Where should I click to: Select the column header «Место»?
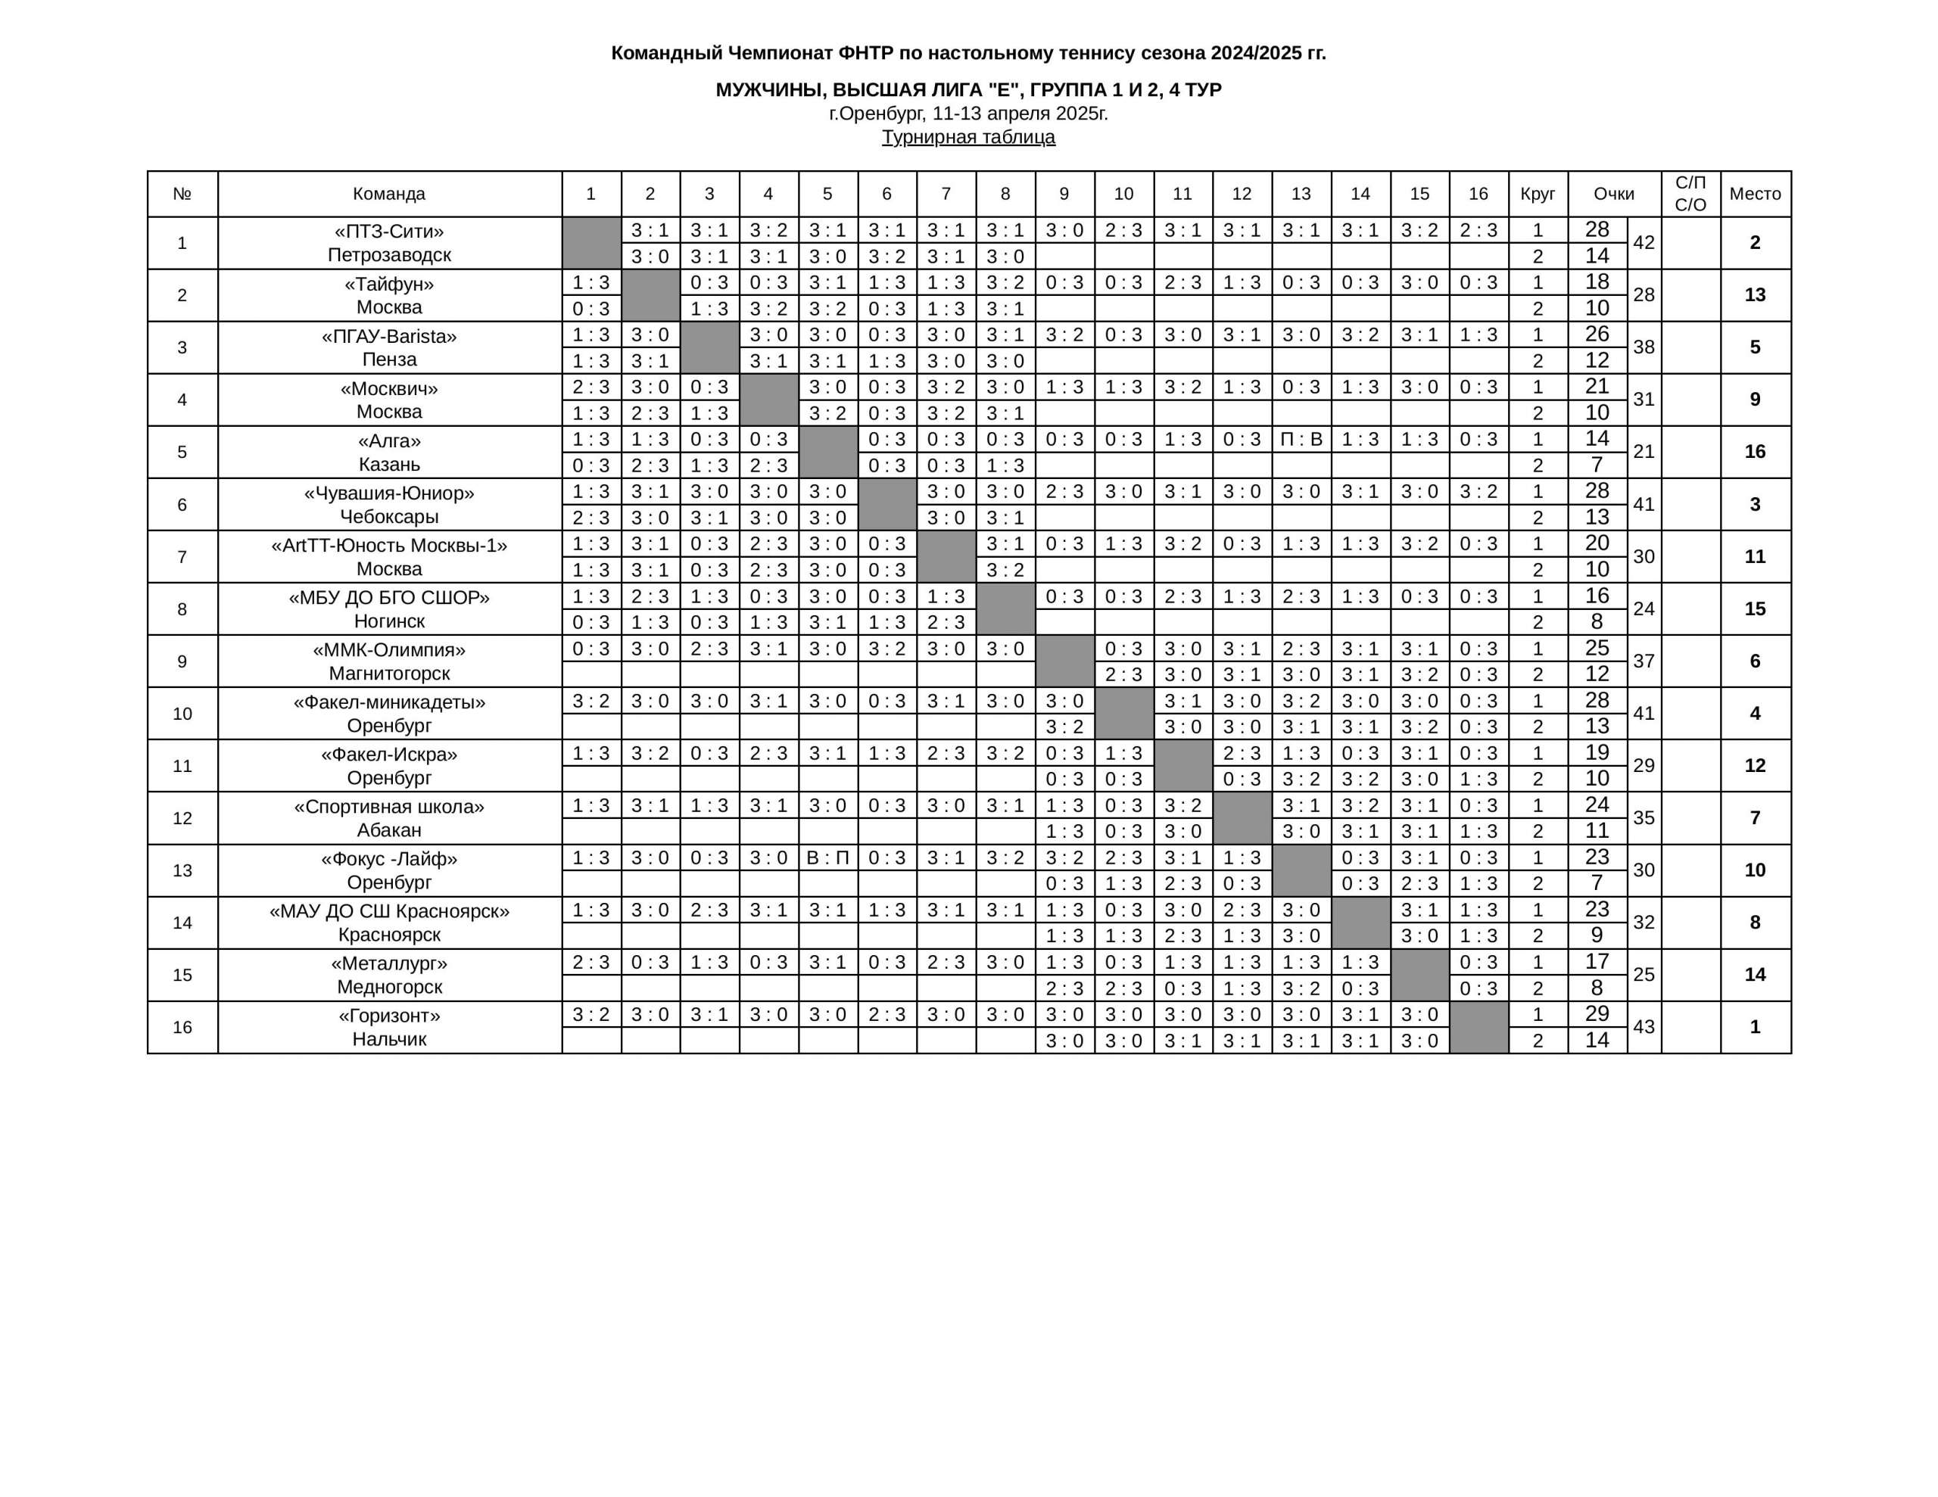[1754, 194]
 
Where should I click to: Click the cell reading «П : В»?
[1300, 439]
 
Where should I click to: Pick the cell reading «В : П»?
[827, 857]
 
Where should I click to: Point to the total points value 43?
[1644, 1027]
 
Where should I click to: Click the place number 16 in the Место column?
[1754, 452]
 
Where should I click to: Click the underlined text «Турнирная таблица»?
[968, 137]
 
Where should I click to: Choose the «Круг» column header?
[1537, 194]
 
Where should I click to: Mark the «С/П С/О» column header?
[1690, 194]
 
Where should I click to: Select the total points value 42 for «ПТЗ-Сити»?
[1644, 242]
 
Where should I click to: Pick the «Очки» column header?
[1613, 194]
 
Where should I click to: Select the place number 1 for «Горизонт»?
[1754, 1027]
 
